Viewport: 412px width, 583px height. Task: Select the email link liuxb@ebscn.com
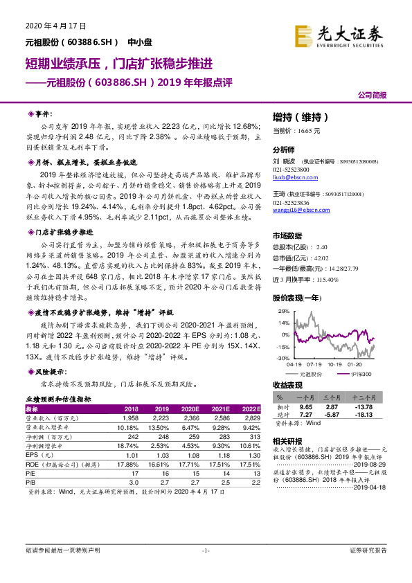pos(292,177)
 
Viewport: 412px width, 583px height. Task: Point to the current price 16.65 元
pos(296,130)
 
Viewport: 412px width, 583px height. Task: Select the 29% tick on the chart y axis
pos(283,312)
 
